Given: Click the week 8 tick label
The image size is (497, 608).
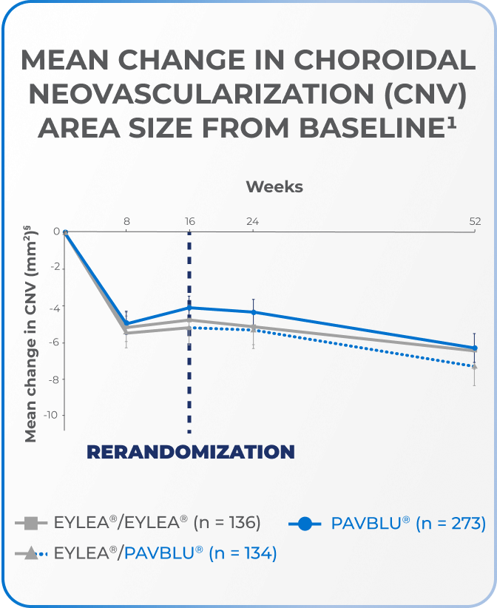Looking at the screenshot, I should click(x=127, y=220).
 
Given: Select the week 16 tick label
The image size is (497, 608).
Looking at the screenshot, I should click(x=189, y=220).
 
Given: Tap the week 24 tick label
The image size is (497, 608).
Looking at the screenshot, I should click(x=252, y=220).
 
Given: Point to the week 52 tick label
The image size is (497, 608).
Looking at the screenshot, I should click(x=474, y=220).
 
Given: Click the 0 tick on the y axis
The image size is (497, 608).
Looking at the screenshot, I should click(x=56, y=232).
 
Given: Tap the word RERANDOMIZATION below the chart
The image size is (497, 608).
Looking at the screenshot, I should click(x=191, y=452).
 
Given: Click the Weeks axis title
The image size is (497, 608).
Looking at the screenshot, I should click(x=274, y=186).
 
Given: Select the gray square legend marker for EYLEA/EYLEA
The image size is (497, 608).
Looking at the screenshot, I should click(x=32, y=523).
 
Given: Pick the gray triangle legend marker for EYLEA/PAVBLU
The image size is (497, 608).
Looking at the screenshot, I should click(x=32, y=553).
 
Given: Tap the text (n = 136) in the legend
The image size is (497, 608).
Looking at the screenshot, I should click(x=226, y=523).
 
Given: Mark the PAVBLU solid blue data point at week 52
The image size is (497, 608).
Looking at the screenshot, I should click(x=474, y=348).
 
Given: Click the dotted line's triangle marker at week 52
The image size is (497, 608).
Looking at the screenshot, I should click(x=474, y=366).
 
